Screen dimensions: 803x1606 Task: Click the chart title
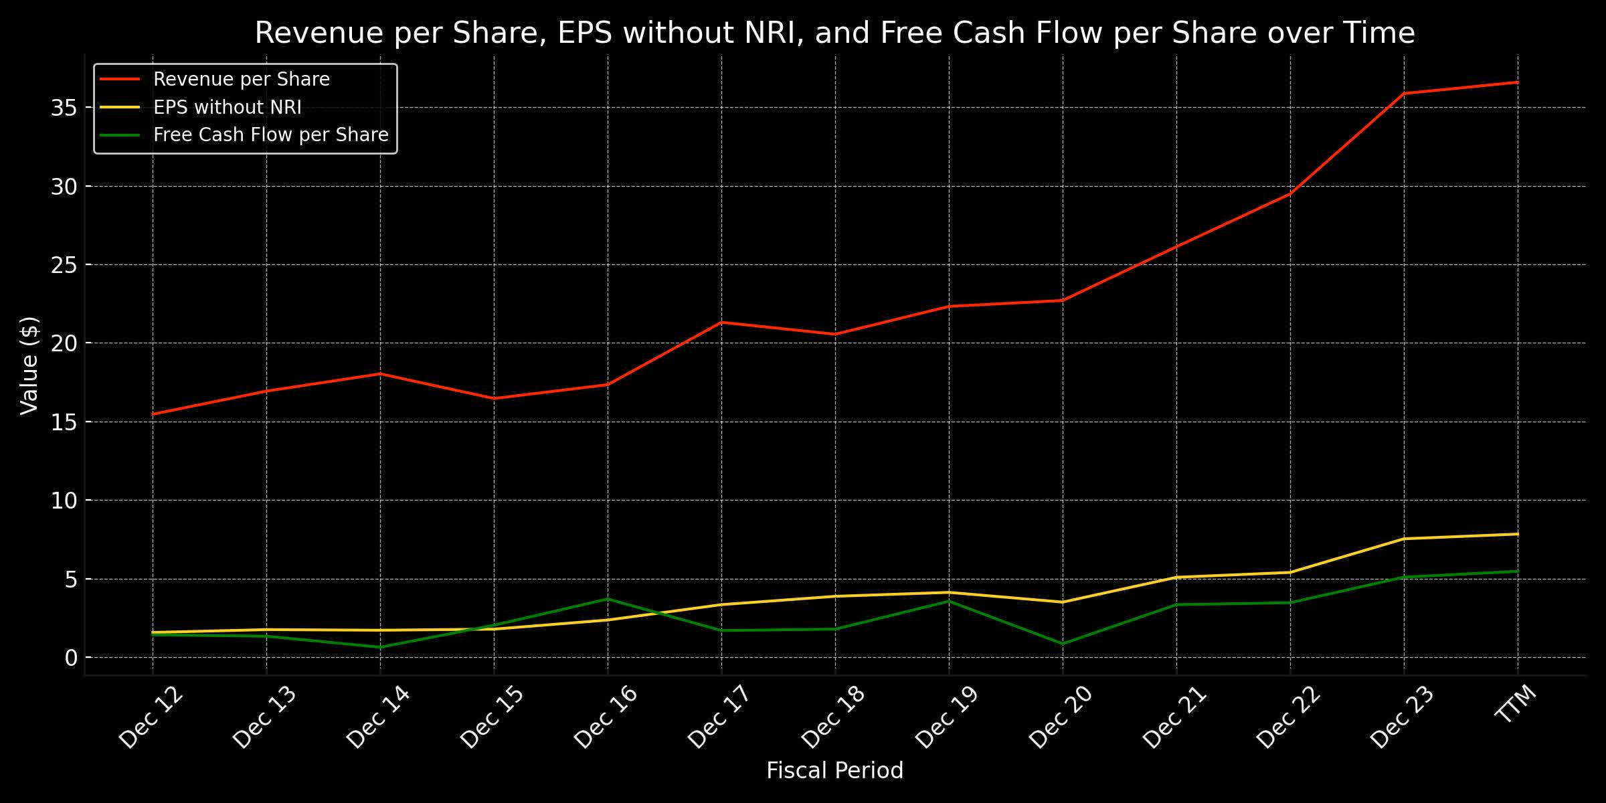[x=834, y=33]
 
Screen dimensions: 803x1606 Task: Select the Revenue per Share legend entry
[x=241, y=80]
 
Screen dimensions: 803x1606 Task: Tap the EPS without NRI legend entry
[x=227, y=107]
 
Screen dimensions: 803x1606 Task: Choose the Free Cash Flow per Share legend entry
[x=270, y=135]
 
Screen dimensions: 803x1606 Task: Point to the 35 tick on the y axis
[x=63, y=108]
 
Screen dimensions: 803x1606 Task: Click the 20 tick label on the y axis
[x=63, y=343]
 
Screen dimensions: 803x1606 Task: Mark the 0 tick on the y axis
[x=71, y=658]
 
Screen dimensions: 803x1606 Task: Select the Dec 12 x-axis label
[x=151, y=716]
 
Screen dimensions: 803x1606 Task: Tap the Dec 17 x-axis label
[x=720, y=716]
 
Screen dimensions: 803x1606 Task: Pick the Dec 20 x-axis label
[x=1061, y=716]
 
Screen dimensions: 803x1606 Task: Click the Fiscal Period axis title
[x=834, y=771]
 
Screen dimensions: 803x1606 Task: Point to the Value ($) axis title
[x=29, y=365]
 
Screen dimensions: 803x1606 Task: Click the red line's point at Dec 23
[x=1404, y=94]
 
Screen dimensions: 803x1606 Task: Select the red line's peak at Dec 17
[x=721, y=323]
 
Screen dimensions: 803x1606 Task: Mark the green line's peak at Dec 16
[x=608, y=599]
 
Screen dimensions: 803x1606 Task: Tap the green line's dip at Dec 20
[x=1063, y=644]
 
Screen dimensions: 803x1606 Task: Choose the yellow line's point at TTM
[x=1517, y=534]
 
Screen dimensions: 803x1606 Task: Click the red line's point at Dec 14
[x=380, y=373]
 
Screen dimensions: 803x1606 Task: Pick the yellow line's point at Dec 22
[x=1290, y=572]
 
